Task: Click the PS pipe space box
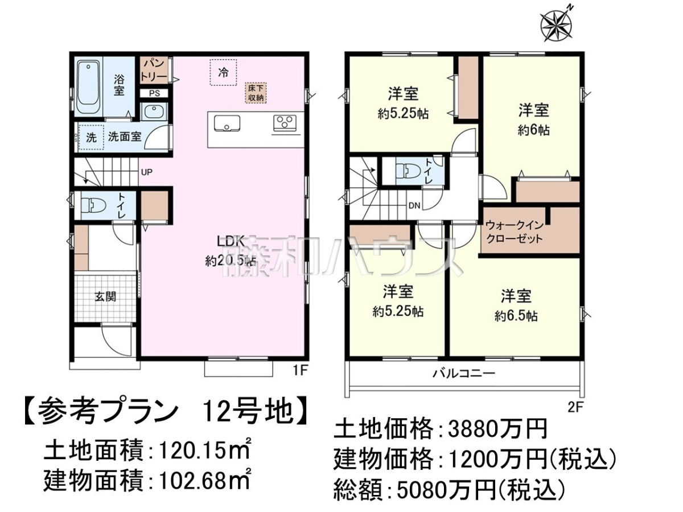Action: click(154, 93)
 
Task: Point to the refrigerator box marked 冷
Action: click(223, 72)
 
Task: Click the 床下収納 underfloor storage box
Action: click(256, 93)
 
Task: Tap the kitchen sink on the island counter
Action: click(227, 123)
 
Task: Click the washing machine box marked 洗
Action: click(91, 138)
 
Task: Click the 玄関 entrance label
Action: click(105, 296)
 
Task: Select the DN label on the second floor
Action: click(414, 205)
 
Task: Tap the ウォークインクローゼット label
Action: click(514, 232)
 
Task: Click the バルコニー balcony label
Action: click(464, 373)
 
